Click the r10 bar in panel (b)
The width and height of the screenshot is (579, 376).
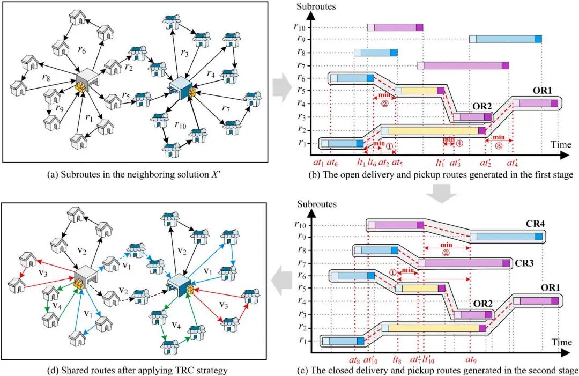click(395, 27)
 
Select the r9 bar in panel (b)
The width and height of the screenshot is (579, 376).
click(506, 39)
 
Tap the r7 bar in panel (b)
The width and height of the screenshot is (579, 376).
click(463, 65)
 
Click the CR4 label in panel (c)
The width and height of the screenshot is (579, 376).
click(535, 224)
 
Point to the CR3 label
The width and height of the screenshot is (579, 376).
click(524, 263)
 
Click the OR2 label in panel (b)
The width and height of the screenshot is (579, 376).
click(482, 106)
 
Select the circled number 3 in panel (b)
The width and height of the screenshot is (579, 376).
click(499, 146)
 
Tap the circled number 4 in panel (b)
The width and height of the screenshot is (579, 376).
click(459, 144)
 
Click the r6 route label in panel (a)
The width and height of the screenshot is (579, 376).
click(82, 50)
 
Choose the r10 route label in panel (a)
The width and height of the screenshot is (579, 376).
click(180, 125)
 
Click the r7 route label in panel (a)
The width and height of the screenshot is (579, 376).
click(226, 108)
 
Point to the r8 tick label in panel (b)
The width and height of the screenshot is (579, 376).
click(302, 52)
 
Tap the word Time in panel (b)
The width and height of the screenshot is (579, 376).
click(561, 144)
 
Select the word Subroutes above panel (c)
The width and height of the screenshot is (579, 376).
click(317, 204)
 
